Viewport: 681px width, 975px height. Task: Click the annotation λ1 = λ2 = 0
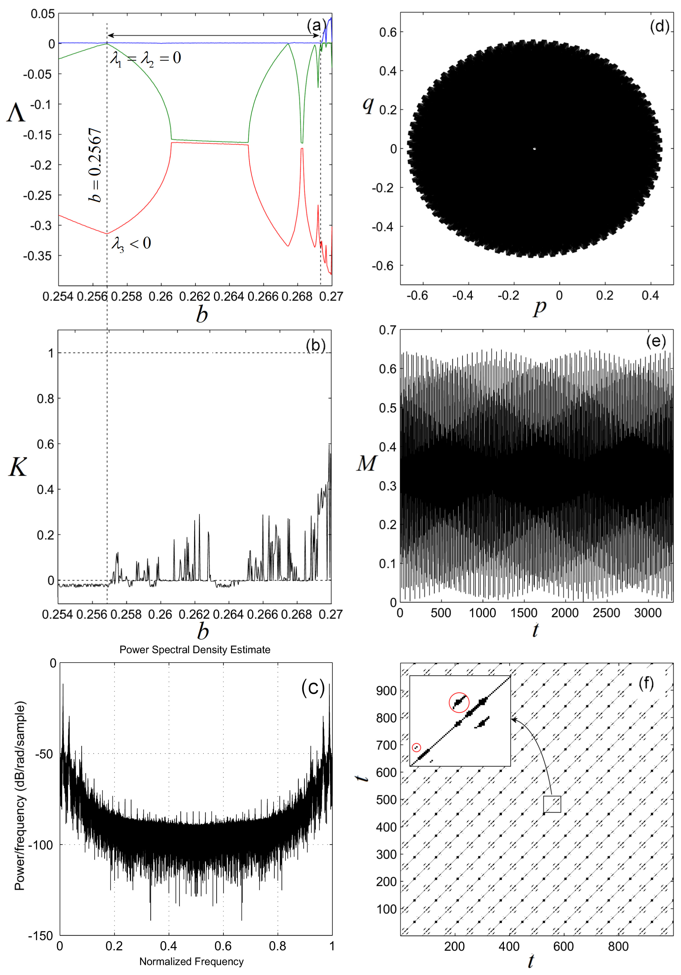coord(146,58)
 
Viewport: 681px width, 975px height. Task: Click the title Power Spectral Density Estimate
coord(195,650)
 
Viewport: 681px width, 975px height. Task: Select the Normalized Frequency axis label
coord(191,961)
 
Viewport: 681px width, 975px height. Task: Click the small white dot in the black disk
coord(534,149)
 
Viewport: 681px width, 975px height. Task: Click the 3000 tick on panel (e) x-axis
coord(648,613)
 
